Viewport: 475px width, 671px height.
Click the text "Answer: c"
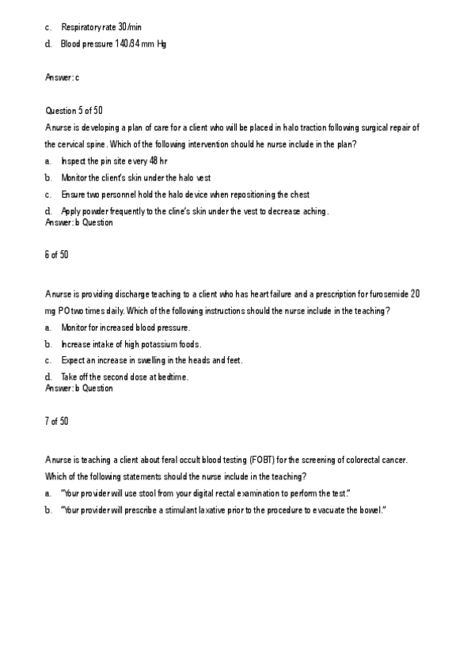click(62, 77)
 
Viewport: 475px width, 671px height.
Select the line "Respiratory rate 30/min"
click(101, 28)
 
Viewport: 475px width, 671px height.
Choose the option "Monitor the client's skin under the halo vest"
click(135, 177)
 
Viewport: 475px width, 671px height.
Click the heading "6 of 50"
click(57, 254)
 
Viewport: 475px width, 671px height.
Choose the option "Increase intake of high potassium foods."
click(131, 344)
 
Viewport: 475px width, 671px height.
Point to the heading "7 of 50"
click(57, 420)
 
